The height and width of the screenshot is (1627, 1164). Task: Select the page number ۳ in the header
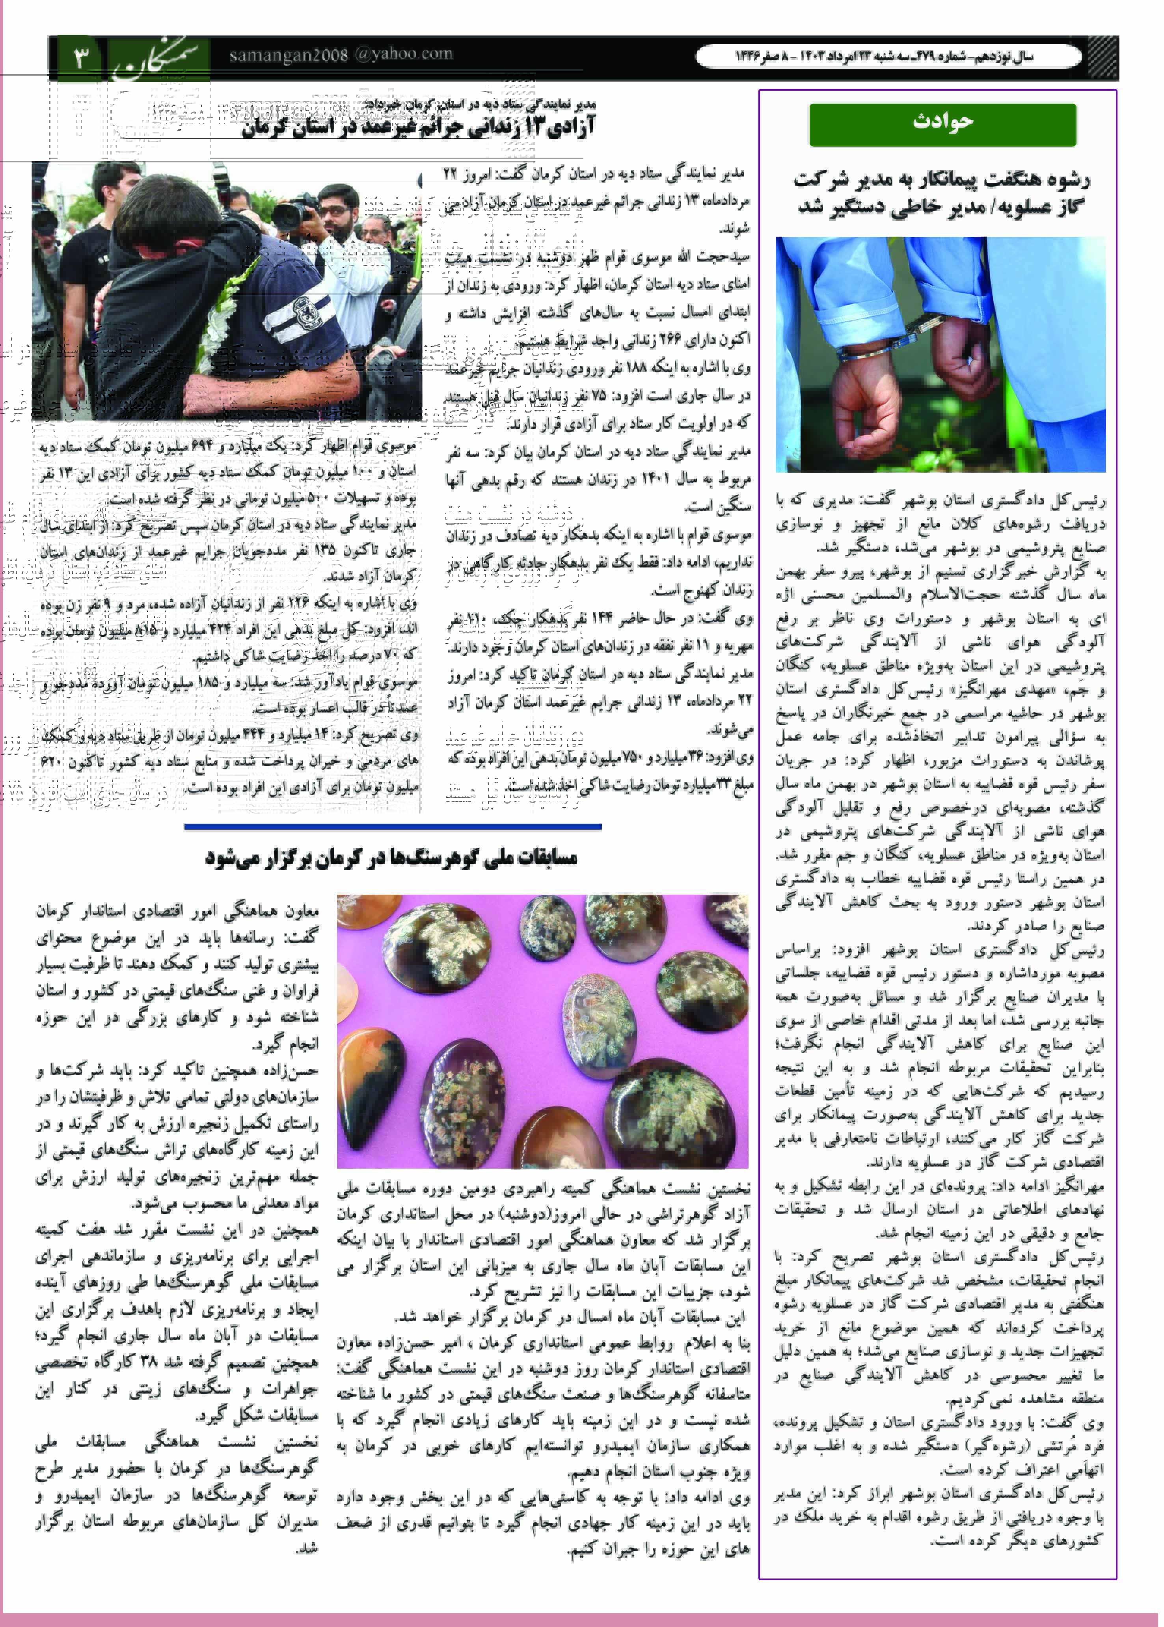81,57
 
